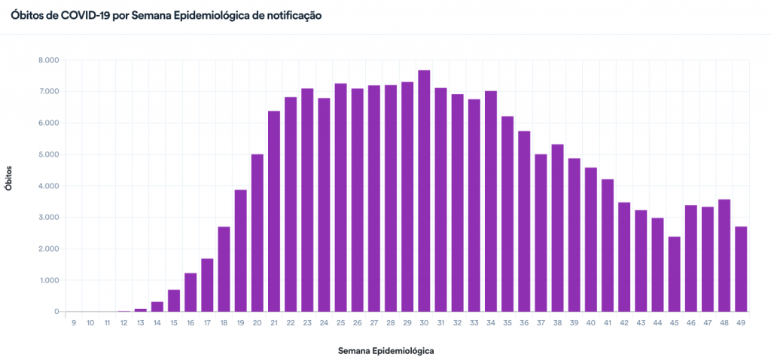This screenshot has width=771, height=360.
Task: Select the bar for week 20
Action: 258,233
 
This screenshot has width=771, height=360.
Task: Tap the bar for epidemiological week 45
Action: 674,274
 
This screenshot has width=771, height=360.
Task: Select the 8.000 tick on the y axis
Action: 49,60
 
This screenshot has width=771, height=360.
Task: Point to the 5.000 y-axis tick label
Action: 49,154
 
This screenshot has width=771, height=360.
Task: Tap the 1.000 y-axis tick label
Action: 49,280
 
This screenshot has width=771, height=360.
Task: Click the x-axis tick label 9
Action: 74,322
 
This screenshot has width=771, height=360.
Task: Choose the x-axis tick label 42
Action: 624,322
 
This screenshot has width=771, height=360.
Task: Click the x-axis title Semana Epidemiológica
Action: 385,351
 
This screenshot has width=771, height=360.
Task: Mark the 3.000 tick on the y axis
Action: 49,218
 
